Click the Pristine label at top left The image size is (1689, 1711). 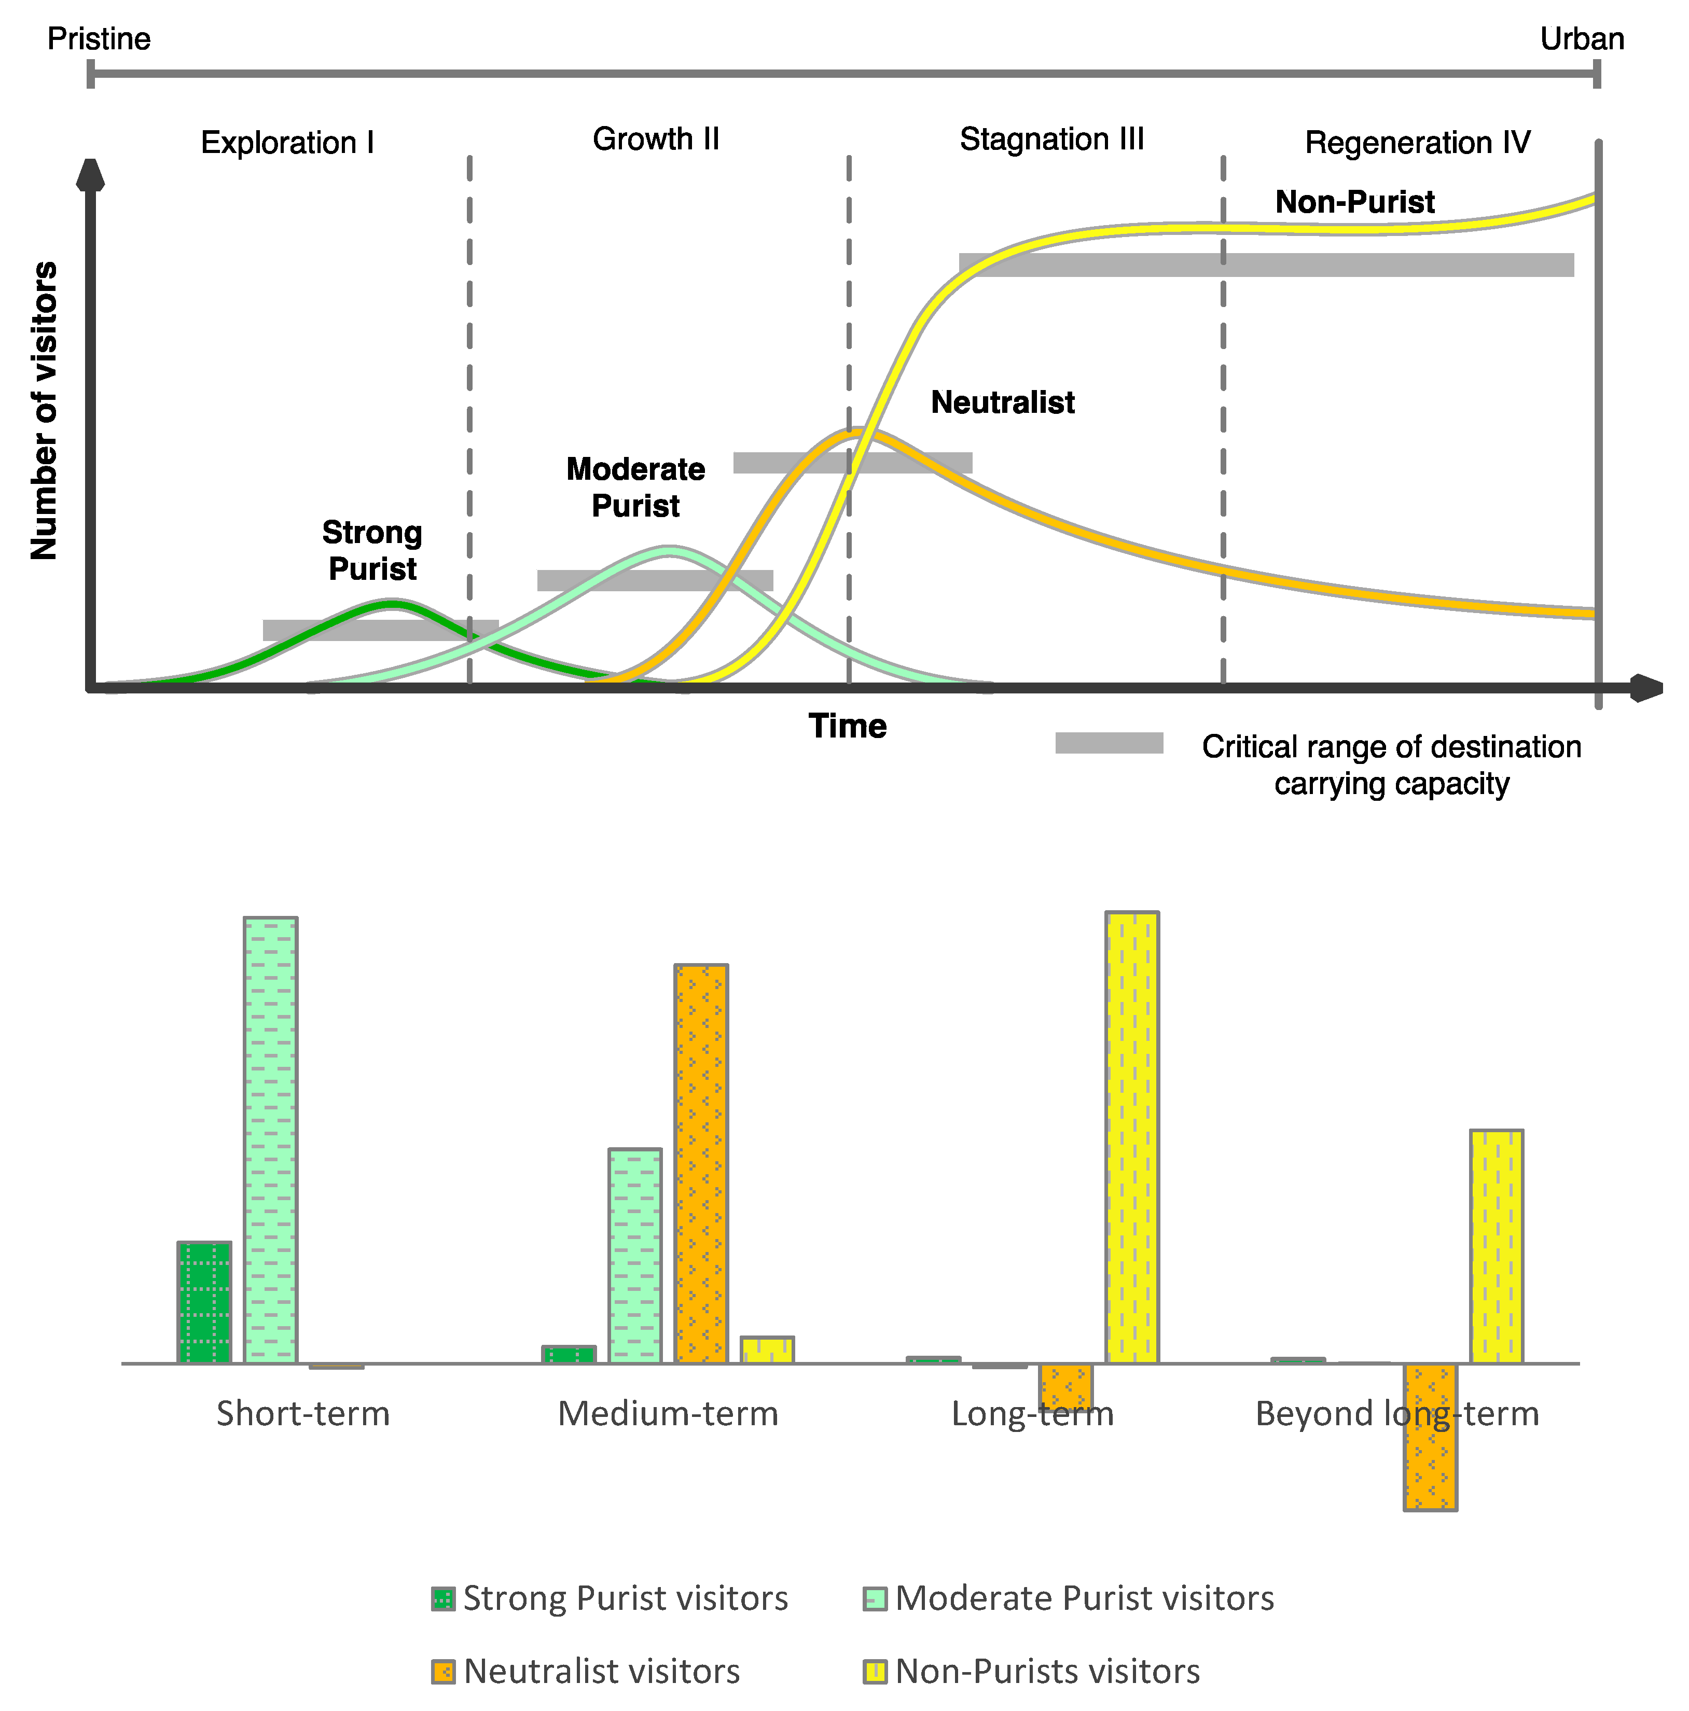pyautogui.click(x=99, y=39)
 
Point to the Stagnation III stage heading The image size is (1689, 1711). pyautogui.click(x=1051, y=139)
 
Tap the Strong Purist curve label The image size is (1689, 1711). pyautogui.click(x=372, y=550)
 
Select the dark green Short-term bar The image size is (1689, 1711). pyautogui.click(x=204, y=1302)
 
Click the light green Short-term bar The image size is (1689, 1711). pyautogui.click(x=270, y=1140)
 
